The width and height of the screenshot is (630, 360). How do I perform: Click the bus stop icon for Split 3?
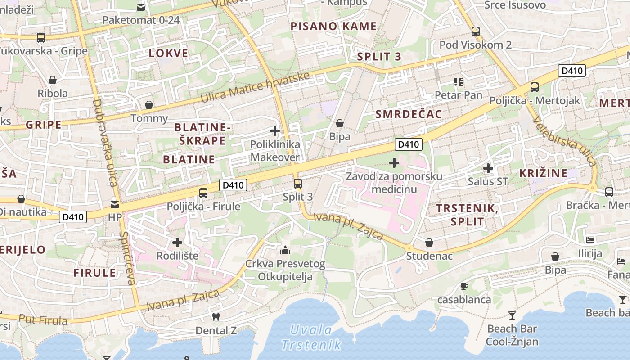coord(297,184)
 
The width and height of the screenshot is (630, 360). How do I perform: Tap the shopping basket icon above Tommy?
coord(148,105)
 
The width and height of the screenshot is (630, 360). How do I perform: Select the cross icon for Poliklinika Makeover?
coord(274,131)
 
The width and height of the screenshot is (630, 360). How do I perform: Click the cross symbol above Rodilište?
coord(177,243)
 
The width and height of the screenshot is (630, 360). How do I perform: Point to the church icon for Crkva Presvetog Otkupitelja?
coord(285,250)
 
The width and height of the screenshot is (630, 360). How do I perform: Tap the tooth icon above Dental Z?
coord(216,317)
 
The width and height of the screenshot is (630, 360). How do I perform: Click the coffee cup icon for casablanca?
coord(464,286)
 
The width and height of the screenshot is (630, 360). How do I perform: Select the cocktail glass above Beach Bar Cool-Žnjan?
coord(512,315)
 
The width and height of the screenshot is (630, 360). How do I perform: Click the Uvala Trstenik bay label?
coord(310,337)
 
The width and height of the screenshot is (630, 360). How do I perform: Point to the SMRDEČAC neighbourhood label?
coord(409,114)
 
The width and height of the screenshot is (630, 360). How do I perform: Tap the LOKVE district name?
coord(169,54)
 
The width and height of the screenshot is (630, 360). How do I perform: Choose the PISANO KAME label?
coord(333,26)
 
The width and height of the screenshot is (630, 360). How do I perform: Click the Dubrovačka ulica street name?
coord(104,143)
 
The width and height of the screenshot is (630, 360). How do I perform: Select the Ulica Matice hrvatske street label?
coord(256,87)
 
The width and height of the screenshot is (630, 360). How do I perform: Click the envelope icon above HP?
coord(115,205)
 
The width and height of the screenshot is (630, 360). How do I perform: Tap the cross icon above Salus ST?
coord(488,169)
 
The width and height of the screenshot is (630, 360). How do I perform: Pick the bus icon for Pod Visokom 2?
coord(476,31)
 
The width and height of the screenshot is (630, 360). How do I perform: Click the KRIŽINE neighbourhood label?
coord(543,173)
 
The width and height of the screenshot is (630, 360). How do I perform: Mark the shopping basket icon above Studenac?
coord(430,243)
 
